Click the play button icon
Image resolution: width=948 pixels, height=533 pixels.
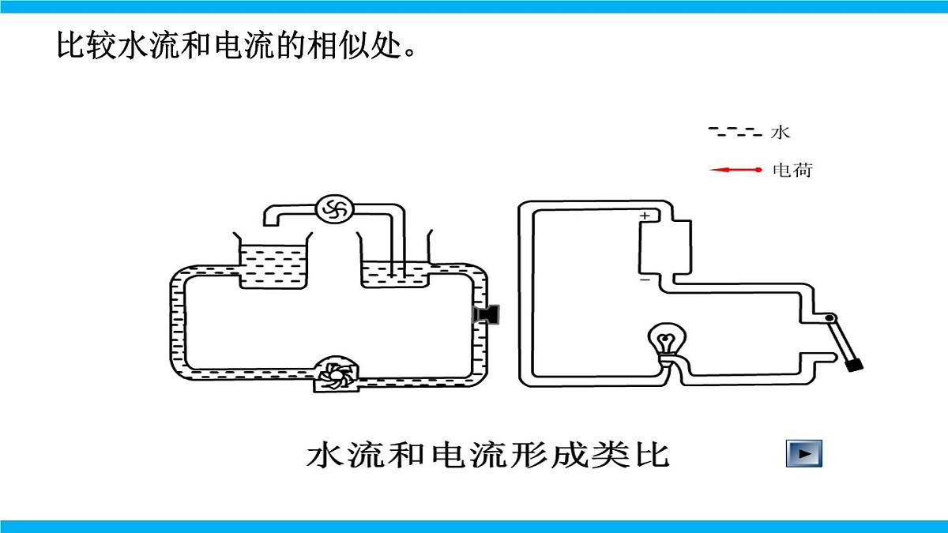tap(803, 453)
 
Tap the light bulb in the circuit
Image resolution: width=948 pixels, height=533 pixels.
tap(667, 340)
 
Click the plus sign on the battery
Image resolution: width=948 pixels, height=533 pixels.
tap(645, 216)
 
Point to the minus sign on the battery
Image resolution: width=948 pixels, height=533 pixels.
tap(645, 280)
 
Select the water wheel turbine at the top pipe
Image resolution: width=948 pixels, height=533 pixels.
tap(334, 209)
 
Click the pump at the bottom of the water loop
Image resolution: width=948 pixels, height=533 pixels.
tap(336, 374)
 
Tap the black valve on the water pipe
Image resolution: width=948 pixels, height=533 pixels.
tap(486, 314)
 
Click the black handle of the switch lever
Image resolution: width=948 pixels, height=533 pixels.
tap(854, 365)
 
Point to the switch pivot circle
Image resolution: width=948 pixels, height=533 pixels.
tap(830, 317)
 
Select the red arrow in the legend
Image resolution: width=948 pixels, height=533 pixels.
tap(735, 170)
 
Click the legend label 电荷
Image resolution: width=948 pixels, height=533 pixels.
tap(792, 170)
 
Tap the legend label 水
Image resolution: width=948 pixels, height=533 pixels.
tap(780, 133)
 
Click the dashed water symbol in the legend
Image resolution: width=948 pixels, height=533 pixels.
tap(735, 132)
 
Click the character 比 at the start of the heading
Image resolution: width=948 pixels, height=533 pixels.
tap(70, 44)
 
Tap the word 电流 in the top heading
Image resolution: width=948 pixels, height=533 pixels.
tap(243, 44)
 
